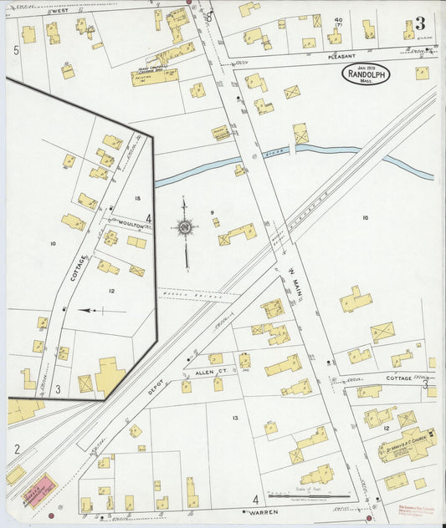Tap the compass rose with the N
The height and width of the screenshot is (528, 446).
(185, 227)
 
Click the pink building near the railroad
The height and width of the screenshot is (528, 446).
(39, 490)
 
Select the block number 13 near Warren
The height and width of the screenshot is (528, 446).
(235, 418)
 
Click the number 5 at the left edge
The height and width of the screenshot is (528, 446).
(16, 51)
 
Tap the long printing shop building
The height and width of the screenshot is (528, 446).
(154, 77)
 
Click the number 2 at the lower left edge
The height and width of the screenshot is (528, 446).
(16, 449)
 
